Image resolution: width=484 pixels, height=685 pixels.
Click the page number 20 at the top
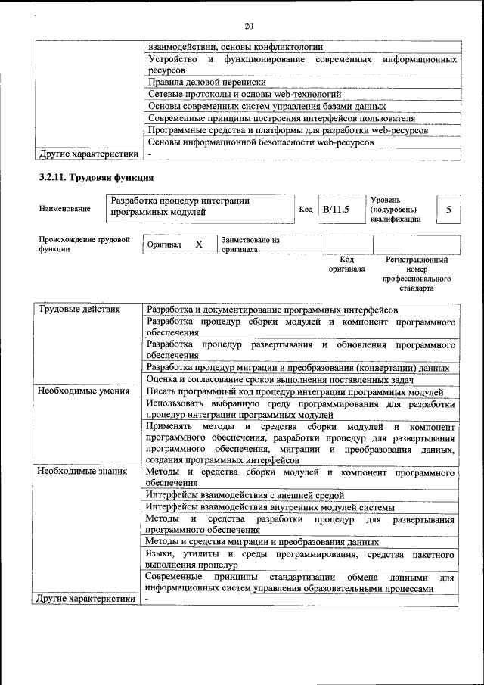[x=249, y=26]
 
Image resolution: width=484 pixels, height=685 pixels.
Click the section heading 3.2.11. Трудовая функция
[x=96, y=178]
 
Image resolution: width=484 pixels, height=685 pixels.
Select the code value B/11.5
[x=335, y=209]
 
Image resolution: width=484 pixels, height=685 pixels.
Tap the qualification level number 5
[x=448, y=209]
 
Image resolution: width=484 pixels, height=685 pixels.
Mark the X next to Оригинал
[x=199, y=244]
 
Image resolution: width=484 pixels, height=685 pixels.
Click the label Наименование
[x=65, y=209]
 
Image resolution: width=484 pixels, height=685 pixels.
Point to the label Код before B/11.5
[x=306, y=209]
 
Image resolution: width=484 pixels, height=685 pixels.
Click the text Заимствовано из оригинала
[x=250, y=244]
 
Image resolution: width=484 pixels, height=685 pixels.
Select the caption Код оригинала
[x=346, y=264]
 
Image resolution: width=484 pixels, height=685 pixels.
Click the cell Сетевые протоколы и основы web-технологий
[x=246, y=95]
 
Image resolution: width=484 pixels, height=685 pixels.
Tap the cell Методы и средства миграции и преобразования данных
[x=262, y=542]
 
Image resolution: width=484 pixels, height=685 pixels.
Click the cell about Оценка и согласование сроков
[x=280, y=379]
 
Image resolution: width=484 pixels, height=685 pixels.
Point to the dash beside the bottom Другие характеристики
[x=148, y=599]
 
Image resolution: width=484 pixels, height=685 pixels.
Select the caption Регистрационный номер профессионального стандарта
[x=417, y=274]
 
